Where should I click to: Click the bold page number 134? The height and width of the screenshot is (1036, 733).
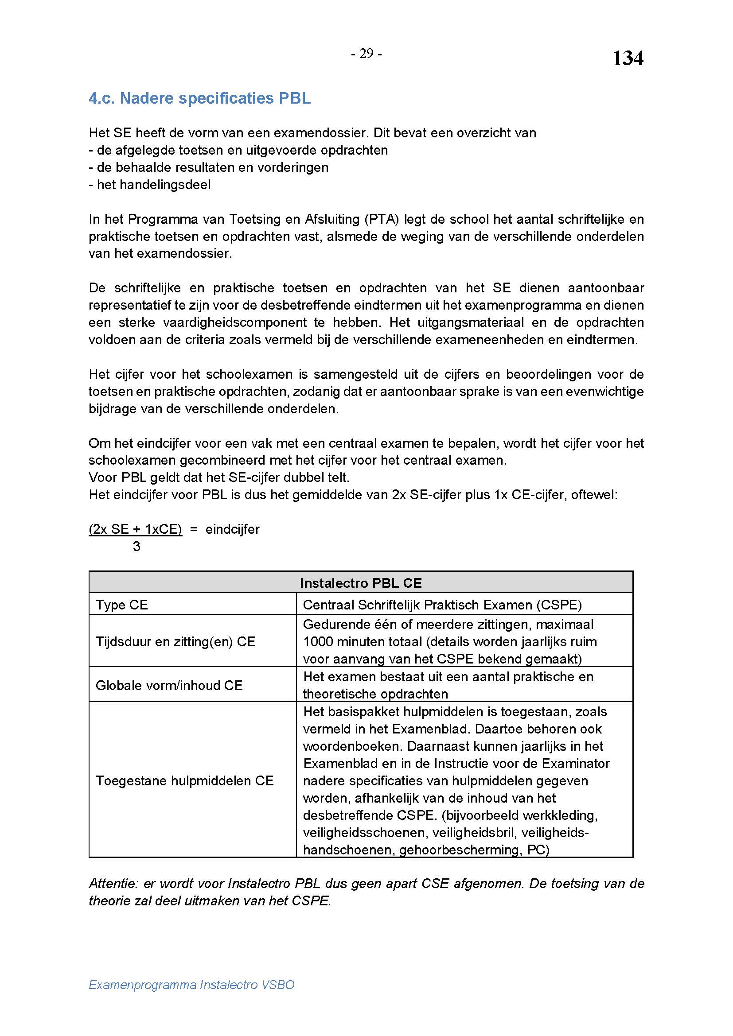[628, 58]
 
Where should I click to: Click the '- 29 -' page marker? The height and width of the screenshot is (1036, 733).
[366, 54]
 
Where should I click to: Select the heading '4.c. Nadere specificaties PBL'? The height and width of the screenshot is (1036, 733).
[199, 98]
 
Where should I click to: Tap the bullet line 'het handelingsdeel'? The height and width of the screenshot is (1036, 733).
[150, 185]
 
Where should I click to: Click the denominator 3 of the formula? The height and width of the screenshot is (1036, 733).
[136, 547]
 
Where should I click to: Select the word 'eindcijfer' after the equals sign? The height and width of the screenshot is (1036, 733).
[233, 529]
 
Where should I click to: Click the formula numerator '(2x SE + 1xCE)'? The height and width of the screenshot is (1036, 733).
[136, 529]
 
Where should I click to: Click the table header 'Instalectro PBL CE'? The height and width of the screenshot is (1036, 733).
[361, 583]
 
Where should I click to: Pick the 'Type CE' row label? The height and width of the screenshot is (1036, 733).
[122, 605]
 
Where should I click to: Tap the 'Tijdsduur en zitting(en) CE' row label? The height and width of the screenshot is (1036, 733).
[175, 642]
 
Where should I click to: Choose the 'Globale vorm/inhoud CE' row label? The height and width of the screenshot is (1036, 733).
[169, 685]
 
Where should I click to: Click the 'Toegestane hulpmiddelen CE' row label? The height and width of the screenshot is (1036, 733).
[185, 781]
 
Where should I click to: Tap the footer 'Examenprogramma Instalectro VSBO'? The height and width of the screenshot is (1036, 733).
[191, 985]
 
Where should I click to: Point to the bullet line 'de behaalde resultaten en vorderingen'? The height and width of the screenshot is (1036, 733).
[209, 167]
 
